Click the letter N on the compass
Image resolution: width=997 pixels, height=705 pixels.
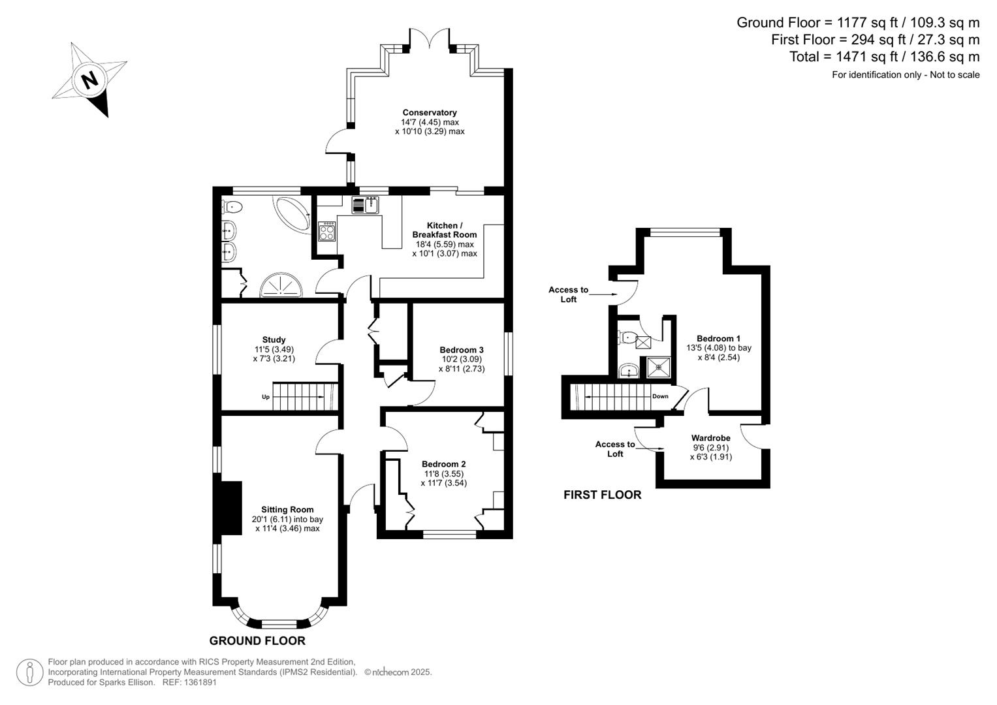coord(89,80)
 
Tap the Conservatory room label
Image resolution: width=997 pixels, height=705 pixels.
coord(429,112)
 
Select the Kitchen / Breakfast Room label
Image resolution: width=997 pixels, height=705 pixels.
coord(444,230)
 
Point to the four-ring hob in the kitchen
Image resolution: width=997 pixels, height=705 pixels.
coord(327,231)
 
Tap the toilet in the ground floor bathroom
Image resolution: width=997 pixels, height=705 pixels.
coord(232,208)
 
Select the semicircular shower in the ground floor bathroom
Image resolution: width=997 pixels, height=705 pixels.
coord(282,287)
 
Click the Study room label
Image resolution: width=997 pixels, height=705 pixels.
coord(274,339)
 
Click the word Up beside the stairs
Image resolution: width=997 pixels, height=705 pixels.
coord(266,397)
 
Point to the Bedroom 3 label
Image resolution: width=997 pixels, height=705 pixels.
coord(461,350)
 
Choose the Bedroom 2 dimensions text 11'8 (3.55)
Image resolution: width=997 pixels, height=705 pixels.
coord(444,474)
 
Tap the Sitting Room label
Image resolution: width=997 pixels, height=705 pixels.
coord(287,509)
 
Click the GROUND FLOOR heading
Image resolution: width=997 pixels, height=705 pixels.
coord(257,640)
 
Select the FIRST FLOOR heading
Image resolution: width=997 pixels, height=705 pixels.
coord(602,495)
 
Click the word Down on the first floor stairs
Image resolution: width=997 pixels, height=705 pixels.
coord(659,396)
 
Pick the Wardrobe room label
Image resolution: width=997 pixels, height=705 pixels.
coord(710,438)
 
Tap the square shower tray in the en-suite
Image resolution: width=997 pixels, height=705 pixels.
coord(659,367)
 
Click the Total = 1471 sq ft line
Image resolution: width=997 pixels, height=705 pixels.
coord(884,57)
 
